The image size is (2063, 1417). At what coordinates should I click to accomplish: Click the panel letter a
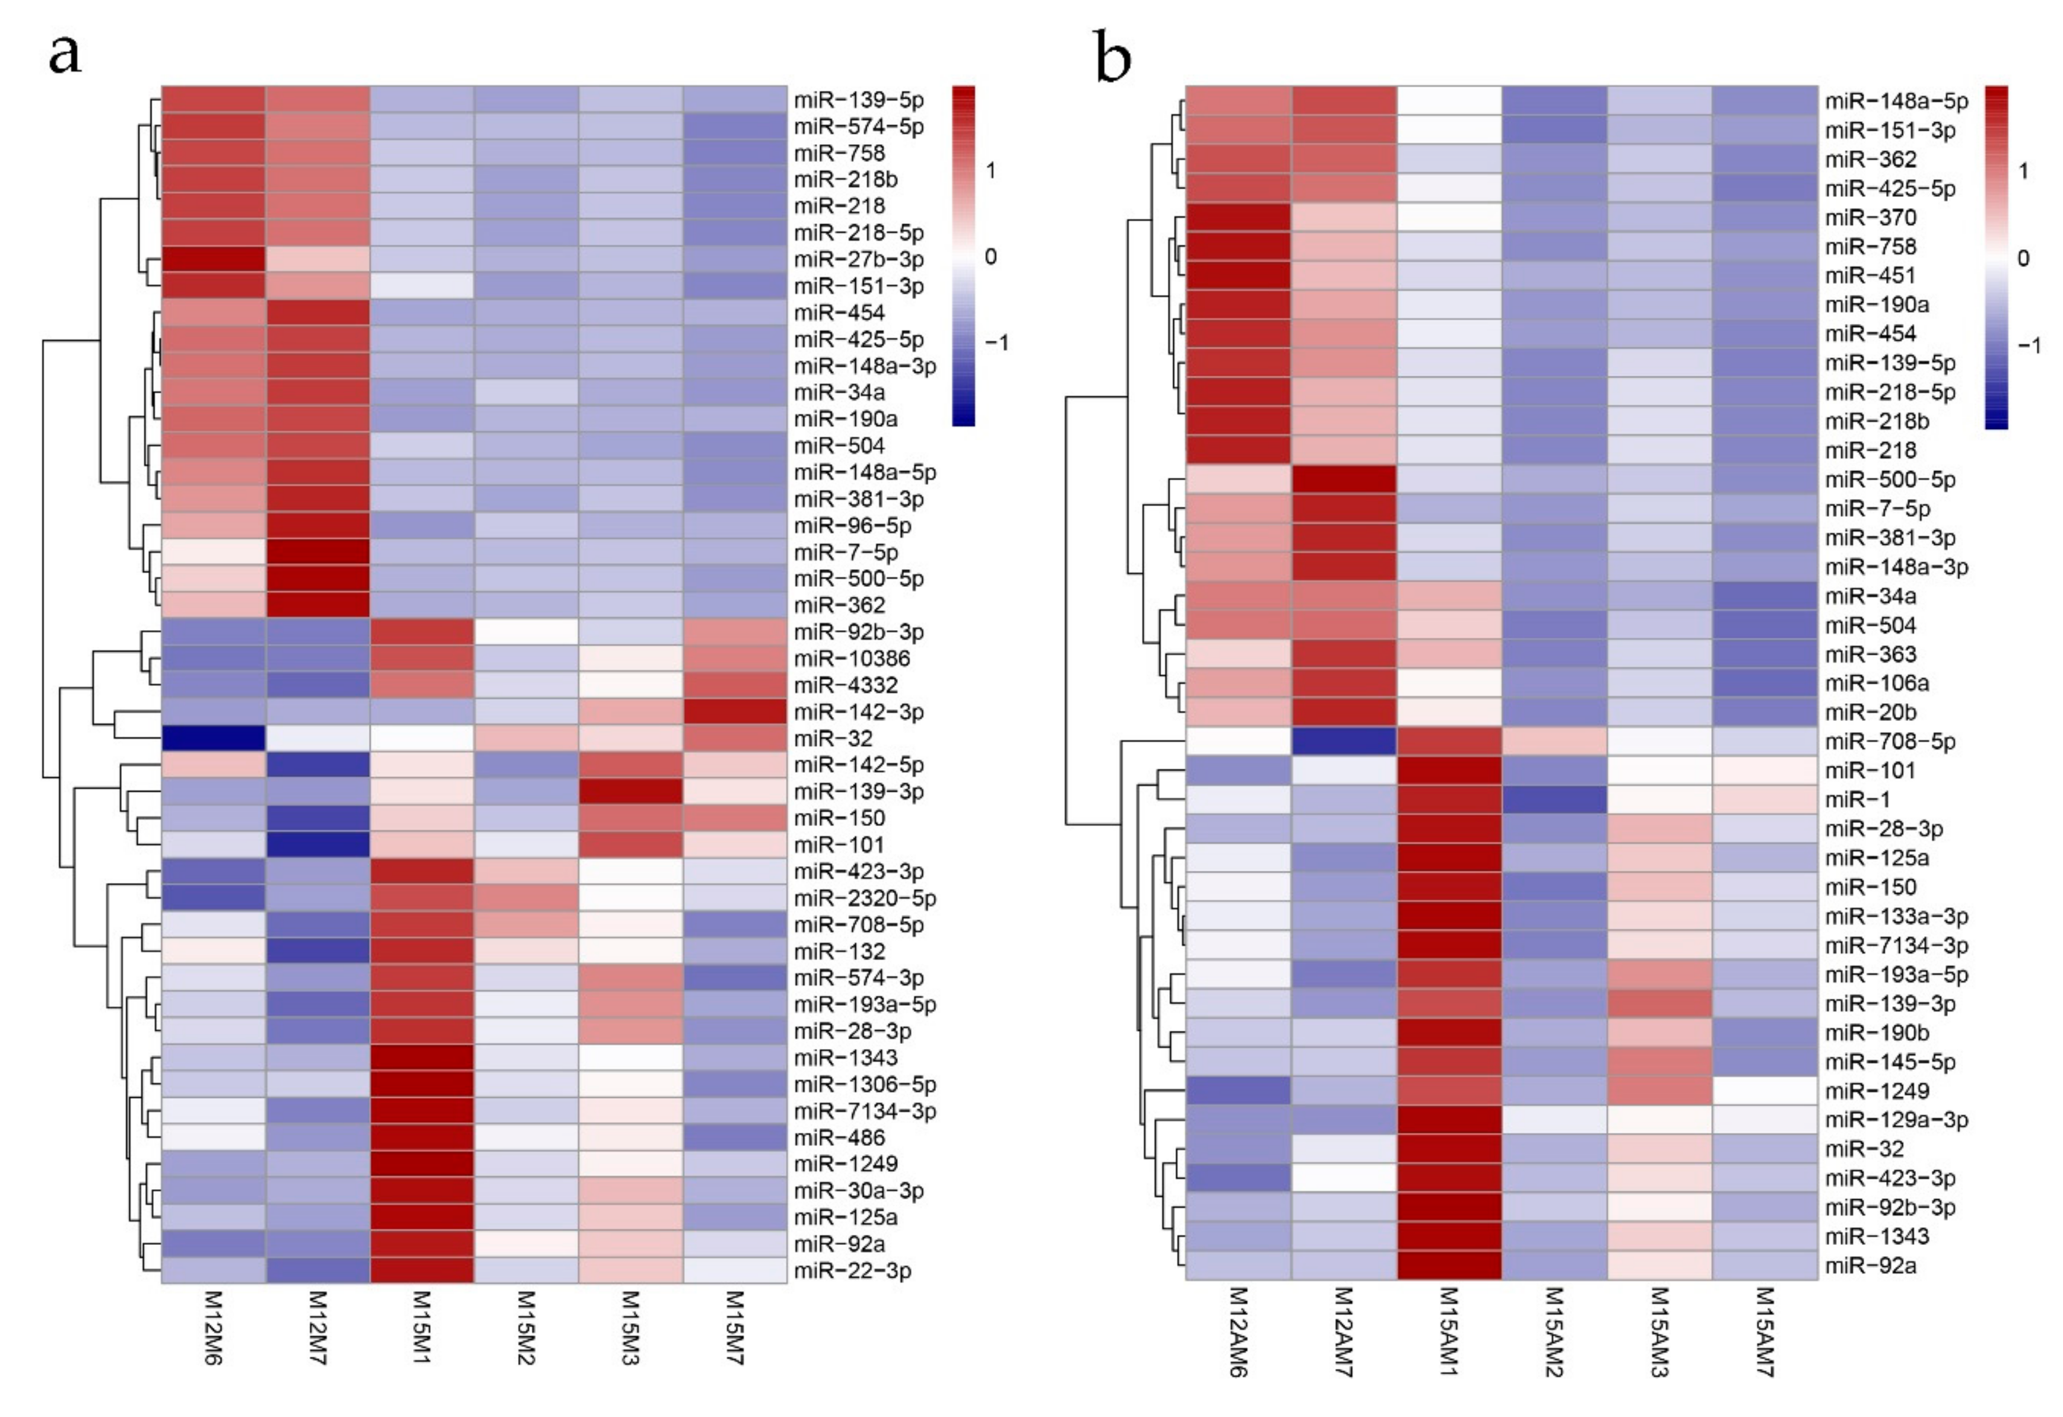pyautogui.click(x=64, y=53)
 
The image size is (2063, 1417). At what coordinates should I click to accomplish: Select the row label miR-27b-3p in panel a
pyautogui.click(x=858, y=259)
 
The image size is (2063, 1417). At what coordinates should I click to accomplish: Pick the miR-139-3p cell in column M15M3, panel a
pyautogui.click(x=630, y=791)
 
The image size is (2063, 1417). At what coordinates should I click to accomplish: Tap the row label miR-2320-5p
pyautogui.click(x=864, y=898)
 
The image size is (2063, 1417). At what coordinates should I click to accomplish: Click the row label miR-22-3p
pyautogui.click(x=852, y=1270)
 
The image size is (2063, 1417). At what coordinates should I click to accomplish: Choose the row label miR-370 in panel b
pyautogui.click(x=1870, y=218)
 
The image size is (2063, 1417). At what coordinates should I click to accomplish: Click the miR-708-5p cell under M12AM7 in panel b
pyautogui.click(x=1344, y=741)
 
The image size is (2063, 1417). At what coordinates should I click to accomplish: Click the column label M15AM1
pyautogui.click(x=1449, y=1332)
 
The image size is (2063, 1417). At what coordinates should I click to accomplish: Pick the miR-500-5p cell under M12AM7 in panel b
pyautogui.click(x=1344, y=479)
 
